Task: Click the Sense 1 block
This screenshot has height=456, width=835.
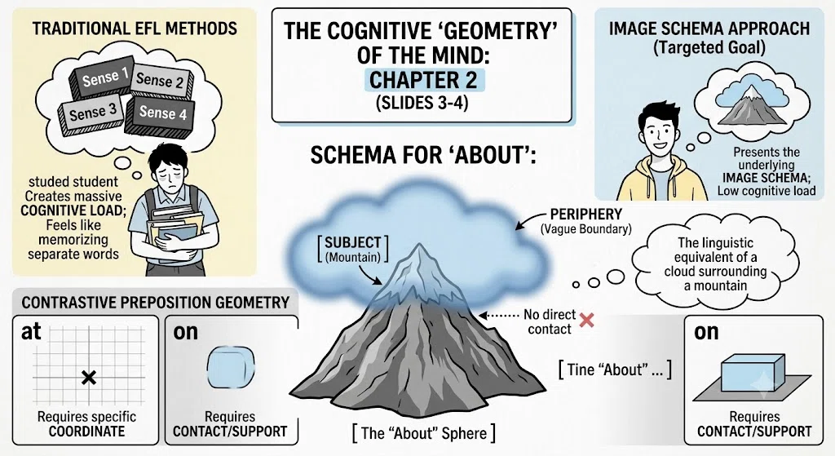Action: point(102,78)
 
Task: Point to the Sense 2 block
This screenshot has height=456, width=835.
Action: point(161,81)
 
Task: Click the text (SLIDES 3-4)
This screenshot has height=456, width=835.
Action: point(422,102)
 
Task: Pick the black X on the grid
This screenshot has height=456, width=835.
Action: point(89,378)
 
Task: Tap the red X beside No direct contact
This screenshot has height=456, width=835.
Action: point(586,320)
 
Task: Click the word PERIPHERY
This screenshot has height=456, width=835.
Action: point(585,215)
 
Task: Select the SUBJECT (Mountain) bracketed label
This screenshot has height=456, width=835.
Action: point(352,250)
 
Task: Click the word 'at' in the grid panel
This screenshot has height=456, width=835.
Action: point(31,332)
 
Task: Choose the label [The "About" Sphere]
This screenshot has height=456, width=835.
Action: point(424,432)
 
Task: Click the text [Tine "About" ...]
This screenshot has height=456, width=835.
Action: point(615,370)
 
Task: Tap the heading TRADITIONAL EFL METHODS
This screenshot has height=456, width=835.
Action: point(135,28)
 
